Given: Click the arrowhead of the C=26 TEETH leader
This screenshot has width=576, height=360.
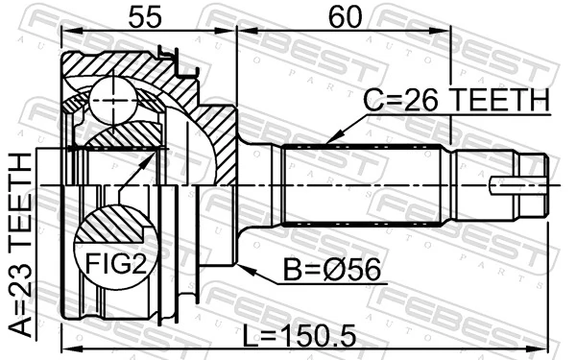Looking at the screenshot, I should click(329, 143).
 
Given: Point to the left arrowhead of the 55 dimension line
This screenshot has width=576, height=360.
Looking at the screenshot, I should click(63, 30).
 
